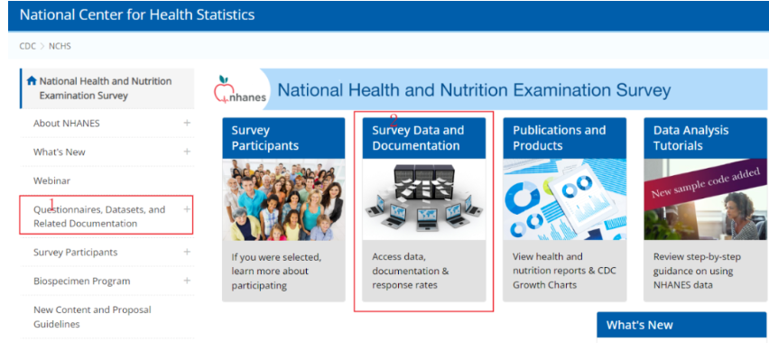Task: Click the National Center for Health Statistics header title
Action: tap(137, 14)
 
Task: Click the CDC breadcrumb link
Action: tap(27, 46)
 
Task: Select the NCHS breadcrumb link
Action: tap(60, 46)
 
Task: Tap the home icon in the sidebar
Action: tap(32, 81)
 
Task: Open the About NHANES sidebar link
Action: tap(66, 123)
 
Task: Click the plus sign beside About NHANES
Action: tap(187, 123)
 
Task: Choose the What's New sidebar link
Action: tap(60, 152)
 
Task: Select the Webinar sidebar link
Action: tap(51, 180)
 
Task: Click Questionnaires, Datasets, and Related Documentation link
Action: tap(99, 217)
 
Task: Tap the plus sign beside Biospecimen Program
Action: tap(187, 281)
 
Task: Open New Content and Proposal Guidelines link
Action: tap(92, 317)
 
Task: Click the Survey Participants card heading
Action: tap(264, 138)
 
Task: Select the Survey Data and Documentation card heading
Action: tap(418, 138)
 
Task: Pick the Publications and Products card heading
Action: tap(559, 138)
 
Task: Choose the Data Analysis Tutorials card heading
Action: tap(690, 138)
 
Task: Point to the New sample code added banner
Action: tap(705, 182)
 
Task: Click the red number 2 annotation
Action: tap(394, 120)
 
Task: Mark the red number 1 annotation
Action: tap(52, 204)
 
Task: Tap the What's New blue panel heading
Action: tap(640, 325)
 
